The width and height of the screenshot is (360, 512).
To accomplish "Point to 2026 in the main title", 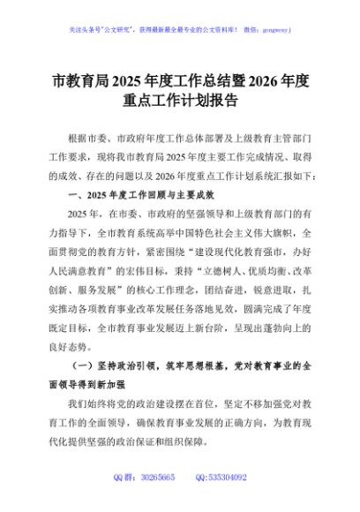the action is [x=266, y=84].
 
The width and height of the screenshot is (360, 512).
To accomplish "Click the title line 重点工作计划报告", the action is [x=180, y=103].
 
